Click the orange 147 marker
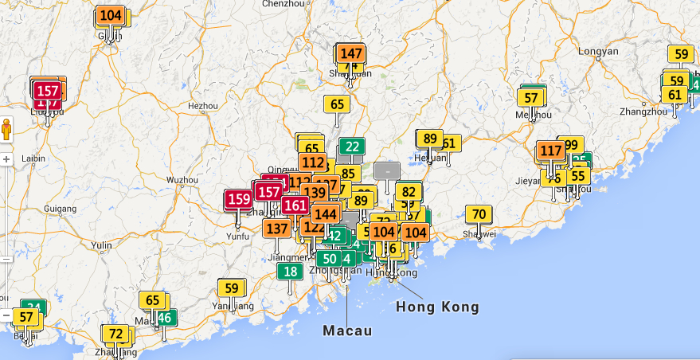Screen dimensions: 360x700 pos(351,54)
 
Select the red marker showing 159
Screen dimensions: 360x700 pos(239,199)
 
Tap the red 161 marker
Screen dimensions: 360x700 pos(295,205)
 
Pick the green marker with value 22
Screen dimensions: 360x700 pos(352,147)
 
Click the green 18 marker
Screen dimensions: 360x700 pos(291,272)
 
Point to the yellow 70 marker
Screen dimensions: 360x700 pos(479,214)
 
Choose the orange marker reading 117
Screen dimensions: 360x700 pos(551,151)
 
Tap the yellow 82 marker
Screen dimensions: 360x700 pos(409,192)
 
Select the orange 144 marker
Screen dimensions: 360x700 pos(326,214)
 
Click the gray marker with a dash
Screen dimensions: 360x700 pos(387,170)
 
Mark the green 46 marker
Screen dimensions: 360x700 pos(165,318)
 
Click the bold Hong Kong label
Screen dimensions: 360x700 pos(437,307)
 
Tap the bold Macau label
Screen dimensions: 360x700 pos(347,330)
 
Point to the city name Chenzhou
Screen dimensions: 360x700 pos(283,4)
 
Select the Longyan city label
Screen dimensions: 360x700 pos(598,52)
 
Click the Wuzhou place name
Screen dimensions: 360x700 pos(182,181)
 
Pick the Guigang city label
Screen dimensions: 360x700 pos(61,209)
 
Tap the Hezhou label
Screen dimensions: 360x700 pos(202,105)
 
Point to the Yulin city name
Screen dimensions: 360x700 pos(103,245)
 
